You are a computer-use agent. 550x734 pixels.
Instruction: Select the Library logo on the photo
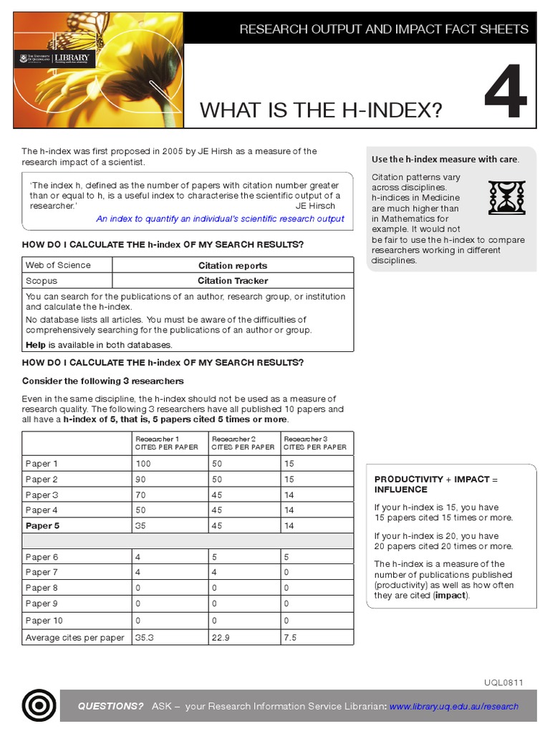(53, 59)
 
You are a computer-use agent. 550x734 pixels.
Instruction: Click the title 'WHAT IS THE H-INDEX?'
(321, 110)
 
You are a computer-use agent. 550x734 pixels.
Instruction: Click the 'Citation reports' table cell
(233, 265)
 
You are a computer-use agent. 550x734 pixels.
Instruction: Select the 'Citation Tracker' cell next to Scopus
(233, 281)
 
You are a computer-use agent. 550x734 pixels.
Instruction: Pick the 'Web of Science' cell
(59, 265)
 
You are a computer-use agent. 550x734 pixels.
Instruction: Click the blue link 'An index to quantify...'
(220, 219)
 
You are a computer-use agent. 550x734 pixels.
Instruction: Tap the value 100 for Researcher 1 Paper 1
(143, 464)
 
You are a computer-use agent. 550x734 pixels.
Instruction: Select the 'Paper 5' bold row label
(42, 525)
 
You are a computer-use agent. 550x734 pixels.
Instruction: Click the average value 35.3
(144, 637)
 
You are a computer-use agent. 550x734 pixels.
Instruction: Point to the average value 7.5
(291, 637)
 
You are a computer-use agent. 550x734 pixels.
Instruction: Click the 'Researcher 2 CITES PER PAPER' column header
(243, 443)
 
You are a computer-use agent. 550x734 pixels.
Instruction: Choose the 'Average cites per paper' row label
(74, 637)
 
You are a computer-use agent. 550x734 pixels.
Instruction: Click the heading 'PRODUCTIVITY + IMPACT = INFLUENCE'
(435, 484)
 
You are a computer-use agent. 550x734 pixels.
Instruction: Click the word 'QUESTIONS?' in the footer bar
(111, 706)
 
